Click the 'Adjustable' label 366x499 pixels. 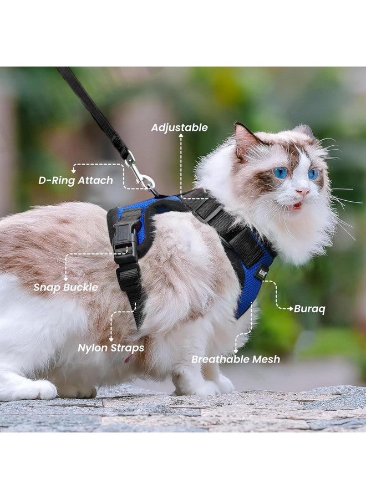(x=180, y=128)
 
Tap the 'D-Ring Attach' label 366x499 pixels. (x=75, y=180)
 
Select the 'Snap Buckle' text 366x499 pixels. (x=65, y=287)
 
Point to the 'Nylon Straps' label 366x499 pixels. (x=111, y=348)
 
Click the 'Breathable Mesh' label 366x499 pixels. (x=236, y=359)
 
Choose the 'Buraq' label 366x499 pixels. (x=309, y=309)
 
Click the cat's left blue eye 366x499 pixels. (x=281, y=172)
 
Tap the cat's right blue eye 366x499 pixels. (x=313, y=174)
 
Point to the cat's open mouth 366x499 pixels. (x=297, y=206)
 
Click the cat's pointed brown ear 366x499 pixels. (x=245, y=139)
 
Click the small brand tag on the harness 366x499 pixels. (x=261, y=272)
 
